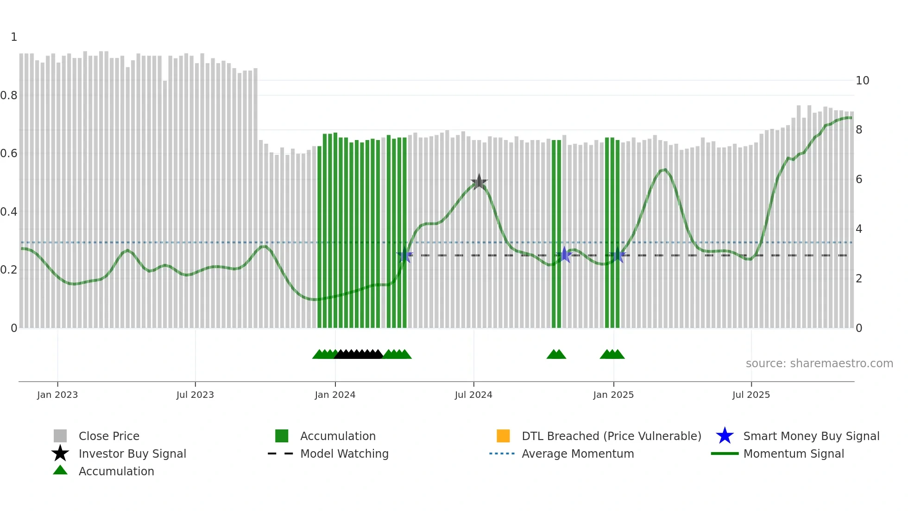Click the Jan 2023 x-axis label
pos(57,395)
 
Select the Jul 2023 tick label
pos(195,395)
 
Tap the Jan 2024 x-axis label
pos(335,395)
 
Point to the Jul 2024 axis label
pos(473,395)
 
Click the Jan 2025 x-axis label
pos(613,395)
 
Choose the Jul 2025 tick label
pos(751,395)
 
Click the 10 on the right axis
pos(862,81)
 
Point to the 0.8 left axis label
pos(9,96)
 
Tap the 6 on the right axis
pos(859,179)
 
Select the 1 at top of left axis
pos(14,37)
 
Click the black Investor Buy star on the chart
pos(479,182)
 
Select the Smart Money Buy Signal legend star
pos(725,436)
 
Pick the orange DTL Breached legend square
pos(503,436)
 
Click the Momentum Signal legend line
pos(725,454)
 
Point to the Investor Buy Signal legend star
pos(60,454)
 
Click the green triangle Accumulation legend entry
pos(60,471)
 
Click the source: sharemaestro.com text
pos(819,364)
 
